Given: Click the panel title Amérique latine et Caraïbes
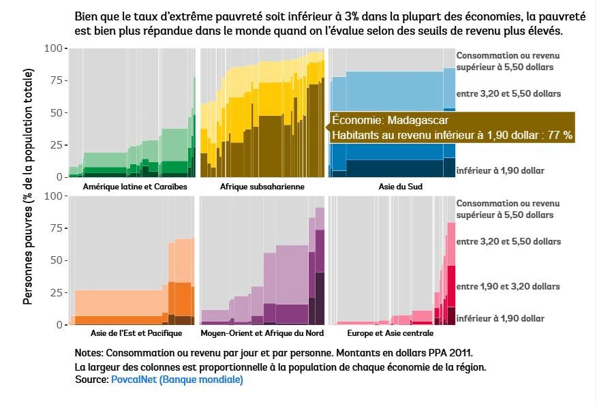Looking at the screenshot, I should tap(134, 186).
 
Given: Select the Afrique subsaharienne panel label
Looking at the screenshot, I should tap(262, 186).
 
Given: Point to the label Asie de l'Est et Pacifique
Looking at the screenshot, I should tap(136, 333).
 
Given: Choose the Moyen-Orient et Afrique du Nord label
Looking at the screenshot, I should tap(262, 333).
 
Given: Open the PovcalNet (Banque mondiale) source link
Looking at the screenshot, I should tap(177, 380).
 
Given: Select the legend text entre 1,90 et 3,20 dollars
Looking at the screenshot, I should tap(508, 287).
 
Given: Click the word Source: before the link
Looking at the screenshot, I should tap(91, 380).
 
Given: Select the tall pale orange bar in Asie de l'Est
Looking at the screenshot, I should tap(185, 259).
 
